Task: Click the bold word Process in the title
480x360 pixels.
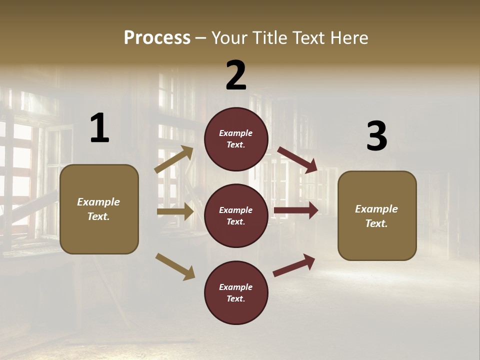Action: (157, 38)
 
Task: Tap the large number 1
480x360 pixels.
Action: (99, 128)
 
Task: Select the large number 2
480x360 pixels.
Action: (236, 75)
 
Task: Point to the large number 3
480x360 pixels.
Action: (376, 136)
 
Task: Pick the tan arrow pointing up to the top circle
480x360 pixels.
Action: (174, 159)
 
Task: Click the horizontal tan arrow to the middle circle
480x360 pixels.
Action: (175, 212)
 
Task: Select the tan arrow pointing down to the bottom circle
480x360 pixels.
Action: (175, 266)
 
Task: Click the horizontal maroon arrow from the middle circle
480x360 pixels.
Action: (295, 210)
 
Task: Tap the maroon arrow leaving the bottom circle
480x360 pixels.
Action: (294, 265)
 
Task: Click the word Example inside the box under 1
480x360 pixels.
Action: (98, 202)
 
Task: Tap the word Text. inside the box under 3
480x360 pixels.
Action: (376, 223)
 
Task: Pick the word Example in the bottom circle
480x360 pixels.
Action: (236, 287)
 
